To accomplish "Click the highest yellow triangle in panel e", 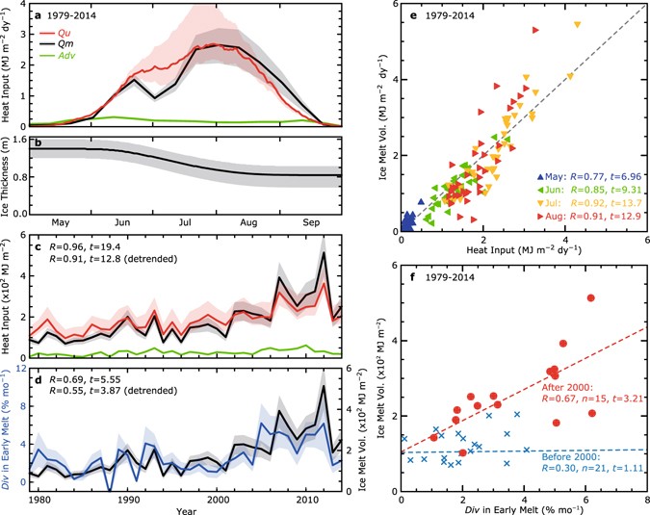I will [577, 25].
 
